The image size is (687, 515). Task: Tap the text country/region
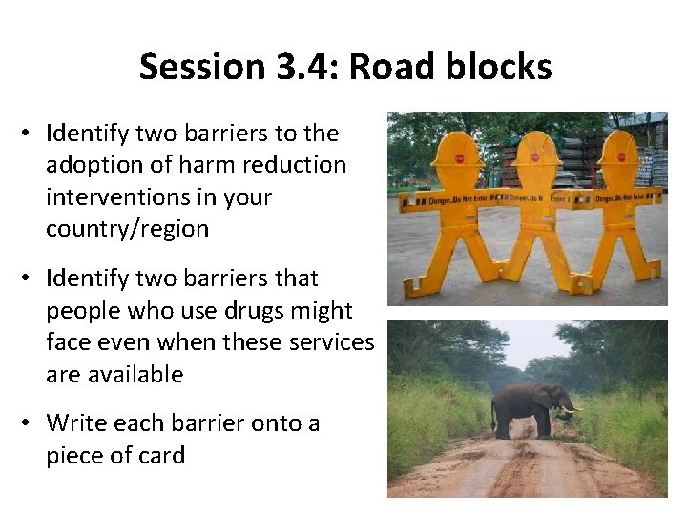(x=128, y=230)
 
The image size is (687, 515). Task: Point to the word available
(x=134, y=375)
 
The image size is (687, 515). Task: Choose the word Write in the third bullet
(x=74, y=422)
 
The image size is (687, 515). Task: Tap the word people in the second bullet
(x=82, y=311)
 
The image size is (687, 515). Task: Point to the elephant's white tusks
(x=571, y=411)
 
